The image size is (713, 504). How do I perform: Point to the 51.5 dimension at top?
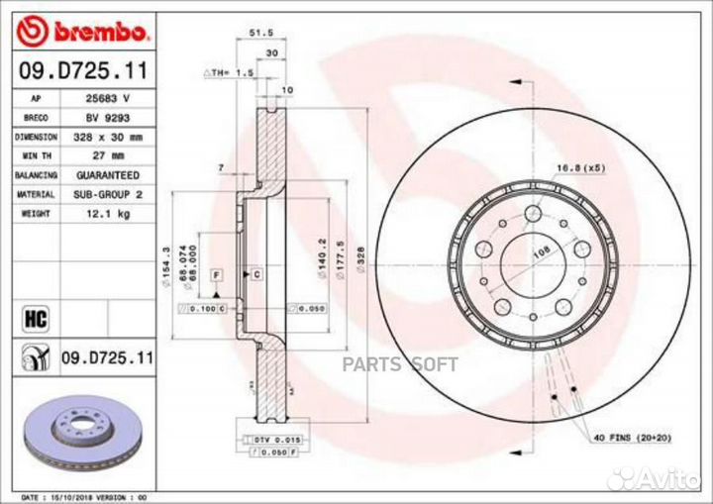(260, 33)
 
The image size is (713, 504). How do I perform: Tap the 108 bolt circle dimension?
(541, 254)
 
